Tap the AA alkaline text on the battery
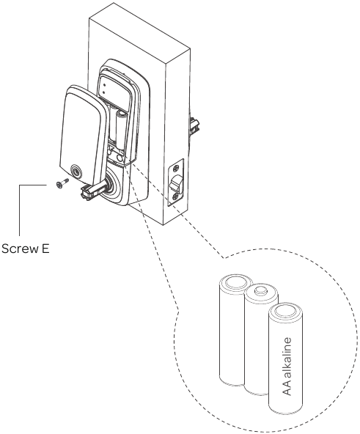coord(287,364)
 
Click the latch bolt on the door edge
coord(176,186)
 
